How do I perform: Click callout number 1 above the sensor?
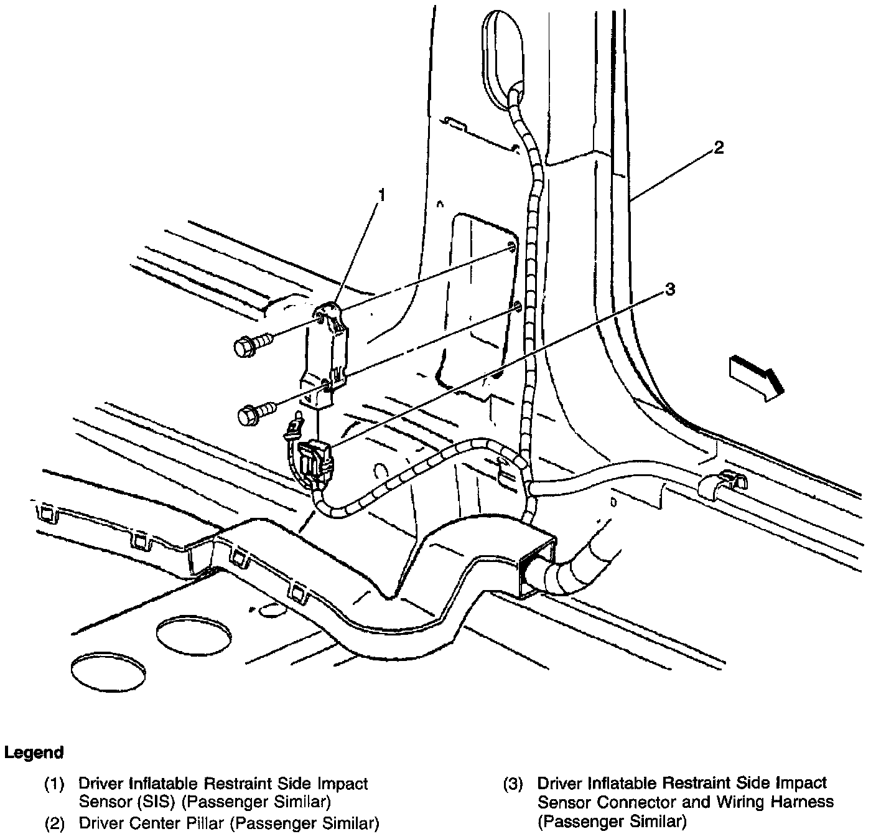click(382, 197)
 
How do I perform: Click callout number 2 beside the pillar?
click(719, 148)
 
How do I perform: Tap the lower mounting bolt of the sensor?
click(255, 412)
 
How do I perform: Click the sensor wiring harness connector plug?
click(315, 461)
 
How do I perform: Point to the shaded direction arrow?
click(755, 376)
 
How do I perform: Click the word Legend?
click(34, 752)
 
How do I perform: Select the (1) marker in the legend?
click(55, 784)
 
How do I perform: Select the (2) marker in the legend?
click(55, 824)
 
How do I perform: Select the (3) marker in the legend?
click(513, 784)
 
